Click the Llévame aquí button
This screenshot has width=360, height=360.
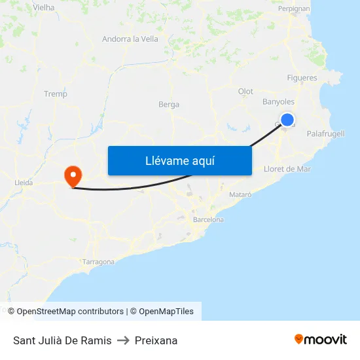179,160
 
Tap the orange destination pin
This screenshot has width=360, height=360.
72,175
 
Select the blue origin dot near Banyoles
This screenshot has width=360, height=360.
287,120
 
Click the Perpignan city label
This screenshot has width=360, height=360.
295,9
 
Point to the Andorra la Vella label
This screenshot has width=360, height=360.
130,39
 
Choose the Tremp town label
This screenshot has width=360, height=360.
56,94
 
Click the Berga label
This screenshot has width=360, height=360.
169,104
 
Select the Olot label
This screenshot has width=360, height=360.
245,91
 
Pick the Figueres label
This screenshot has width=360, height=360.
302,78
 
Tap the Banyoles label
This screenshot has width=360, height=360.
278,102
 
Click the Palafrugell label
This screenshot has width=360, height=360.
325,134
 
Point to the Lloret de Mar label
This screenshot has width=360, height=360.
287,169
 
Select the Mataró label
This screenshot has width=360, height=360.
240,195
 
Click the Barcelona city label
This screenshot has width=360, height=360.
208,220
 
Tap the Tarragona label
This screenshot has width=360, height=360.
99,262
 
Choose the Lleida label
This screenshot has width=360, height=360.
23,183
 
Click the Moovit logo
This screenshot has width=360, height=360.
321,339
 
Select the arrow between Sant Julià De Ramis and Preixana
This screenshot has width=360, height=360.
123,340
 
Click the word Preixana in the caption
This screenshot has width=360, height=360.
156,340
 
